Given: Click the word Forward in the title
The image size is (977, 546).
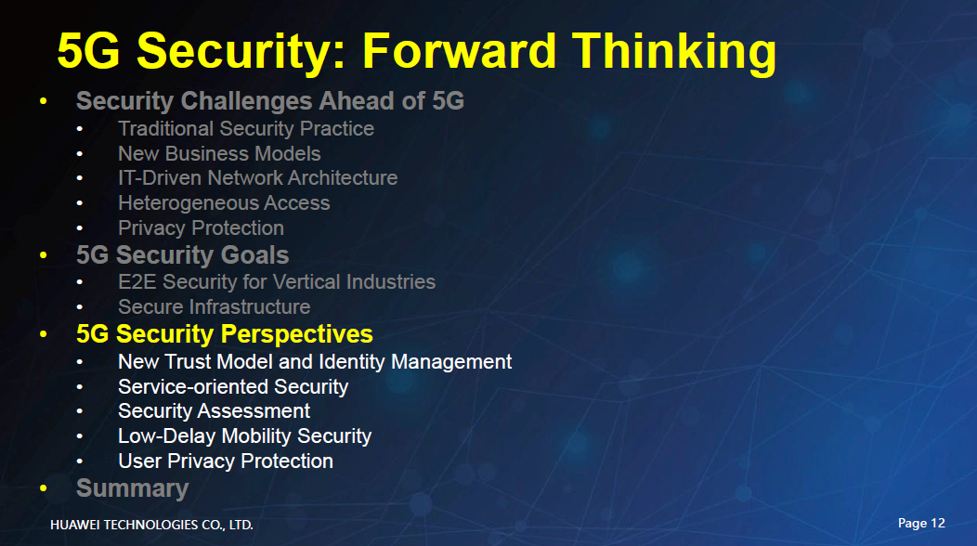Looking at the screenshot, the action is [x=459, y=50].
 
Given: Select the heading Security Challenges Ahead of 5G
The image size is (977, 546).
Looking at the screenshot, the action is [x=270, y=101].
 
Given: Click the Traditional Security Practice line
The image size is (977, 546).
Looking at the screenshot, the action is [x=246, y=129].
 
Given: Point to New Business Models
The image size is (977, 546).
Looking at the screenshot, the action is [x=219, y=153].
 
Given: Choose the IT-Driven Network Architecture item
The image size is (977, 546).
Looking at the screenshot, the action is [x=258, y=178].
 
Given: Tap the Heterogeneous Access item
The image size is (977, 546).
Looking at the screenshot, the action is [x=224, y=203].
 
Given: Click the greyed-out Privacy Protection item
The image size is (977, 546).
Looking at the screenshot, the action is [x=201, y=228].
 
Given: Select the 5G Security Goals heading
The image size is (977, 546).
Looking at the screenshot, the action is [x=183, y=255].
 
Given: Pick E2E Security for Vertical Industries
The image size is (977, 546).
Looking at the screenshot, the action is [x=277, y=281].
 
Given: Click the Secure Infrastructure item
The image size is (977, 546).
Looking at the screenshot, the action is [x=214, y=306].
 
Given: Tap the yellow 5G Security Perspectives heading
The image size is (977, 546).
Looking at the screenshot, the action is [x=225, y=334].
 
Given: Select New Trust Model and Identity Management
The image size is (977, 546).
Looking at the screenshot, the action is [x=315, y=362].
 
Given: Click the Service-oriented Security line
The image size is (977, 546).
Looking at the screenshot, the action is [x=233, y=387].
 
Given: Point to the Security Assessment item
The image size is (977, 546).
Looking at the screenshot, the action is [x=214, y=411].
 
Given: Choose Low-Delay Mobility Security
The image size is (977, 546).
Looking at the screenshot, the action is [x=244, y=436].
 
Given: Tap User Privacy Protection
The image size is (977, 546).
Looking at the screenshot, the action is [x=226, y=461].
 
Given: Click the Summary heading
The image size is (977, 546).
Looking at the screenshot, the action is [x=132, y=489].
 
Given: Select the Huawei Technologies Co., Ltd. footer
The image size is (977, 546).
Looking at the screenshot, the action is [x=151, y=526].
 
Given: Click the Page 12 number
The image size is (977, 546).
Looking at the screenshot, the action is [x=921, y=524].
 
